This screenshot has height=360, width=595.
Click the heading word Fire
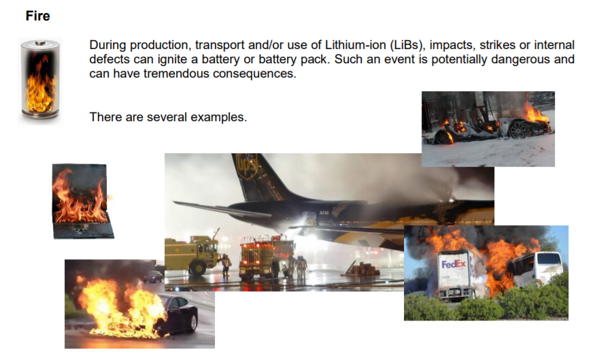(x=37, y=16)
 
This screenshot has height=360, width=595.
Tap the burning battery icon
(x=40, y=80)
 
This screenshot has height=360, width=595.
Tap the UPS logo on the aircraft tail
(x=247, y=165)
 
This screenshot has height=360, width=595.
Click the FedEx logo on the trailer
(x=454, y=264)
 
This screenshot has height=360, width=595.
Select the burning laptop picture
(x=82, y=201)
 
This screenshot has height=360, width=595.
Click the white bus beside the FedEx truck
(x=537, y=269)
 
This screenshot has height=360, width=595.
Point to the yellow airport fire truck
(x=192, y=254)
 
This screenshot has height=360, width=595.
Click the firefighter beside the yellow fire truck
(x=226, y=265)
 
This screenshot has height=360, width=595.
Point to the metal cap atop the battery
(x=41, y=43)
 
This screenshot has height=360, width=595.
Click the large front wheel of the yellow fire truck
(x=198, y=267)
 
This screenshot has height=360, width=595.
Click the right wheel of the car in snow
(x=518, y=130)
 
